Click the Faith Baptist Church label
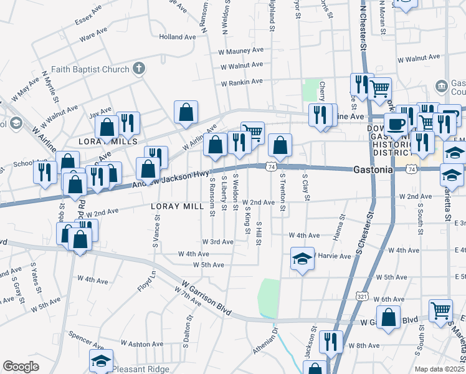click(89, 69)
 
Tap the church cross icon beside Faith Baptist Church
click(139, 69)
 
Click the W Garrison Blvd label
click(202, 299)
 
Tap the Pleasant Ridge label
click(142, 369)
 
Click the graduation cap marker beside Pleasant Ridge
click(100, 360)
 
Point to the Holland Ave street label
click(177, 37)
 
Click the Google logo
click(21, 367)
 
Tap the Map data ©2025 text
click(439, 369)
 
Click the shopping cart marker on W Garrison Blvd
click(440, 310)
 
